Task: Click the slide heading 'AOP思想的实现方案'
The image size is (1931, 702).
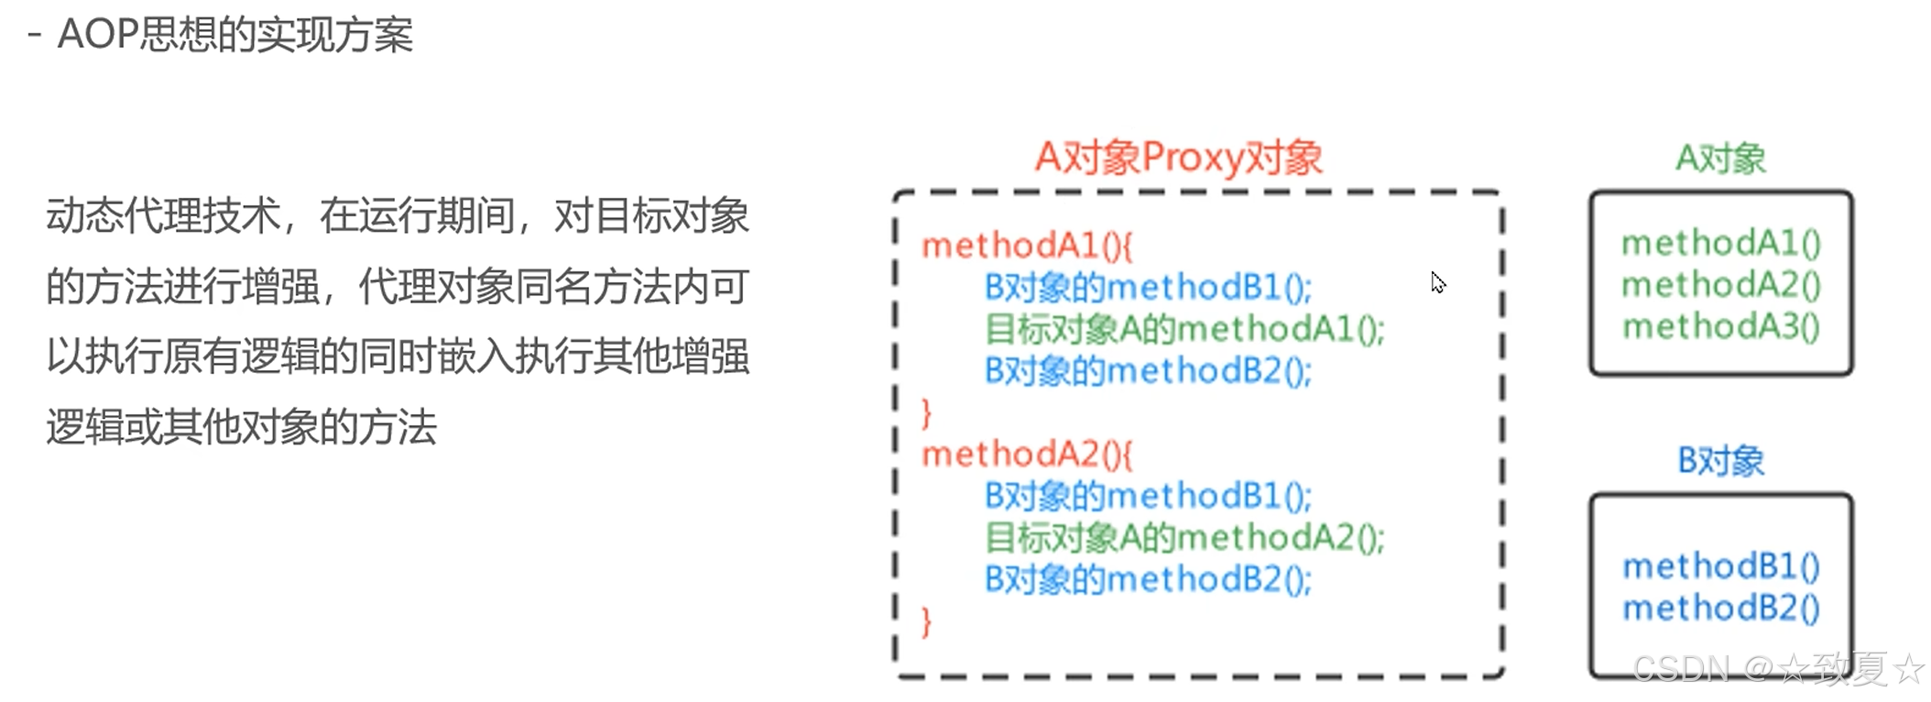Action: pyautogui.click(x=235, y=35)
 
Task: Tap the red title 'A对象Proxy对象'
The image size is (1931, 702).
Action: pyautogui.click(x=1178, y=158)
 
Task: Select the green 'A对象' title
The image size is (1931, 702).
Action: pyautogui.click(x=1720, y=159)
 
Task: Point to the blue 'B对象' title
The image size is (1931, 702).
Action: pyautogui.click(x=1720, y=460)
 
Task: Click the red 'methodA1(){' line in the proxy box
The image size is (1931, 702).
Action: pyautogui.click(x=1027, y=246)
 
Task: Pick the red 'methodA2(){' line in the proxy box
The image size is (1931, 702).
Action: pyautogui.click(x=1027, y=454)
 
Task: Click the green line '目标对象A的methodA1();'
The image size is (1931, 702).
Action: pyautogui.click(x=1184, y=329)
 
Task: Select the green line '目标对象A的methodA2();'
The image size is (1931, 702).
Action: pyautogui.click(x=1184, y=537)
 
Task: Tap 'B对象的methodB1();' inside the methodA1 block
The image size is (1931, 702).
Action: pyautogui.click(x=1147, y=288)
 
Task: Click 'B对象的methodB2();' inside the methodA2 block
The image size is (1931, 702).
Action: pyautogui.click(x=1147, y=579)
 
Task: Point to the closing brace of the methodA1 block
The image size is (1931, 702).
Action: pyautogui.click(x=926, y=413)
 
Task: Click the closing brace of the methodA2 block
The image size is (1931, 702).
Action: pyautogui.click(x=926, y=621)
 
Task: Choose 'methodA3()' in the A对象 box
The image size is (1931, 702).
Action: pyautogui.click(x=1720, y=326)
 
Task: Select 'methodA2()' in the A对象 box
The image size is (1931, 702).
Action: pyautogui.click(x=1720, y=285)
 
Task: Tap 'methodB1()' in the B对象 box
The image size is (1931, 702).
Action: pyautogui.click(x=1720, y=566)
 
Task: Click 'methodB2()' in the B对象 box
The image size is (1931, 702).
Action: pyautogui.click(x=1720, y=608)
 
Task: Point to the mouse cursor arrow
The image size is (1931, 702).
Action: pyautogui.click(x=1437, y=282)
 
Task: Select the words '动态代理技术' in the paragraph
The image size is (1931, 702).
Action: pyautogui.click(x=163, y=217)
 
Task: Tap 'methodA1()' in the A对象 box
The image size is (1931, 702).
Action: pyautogui.click(x=1720, y=243)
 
